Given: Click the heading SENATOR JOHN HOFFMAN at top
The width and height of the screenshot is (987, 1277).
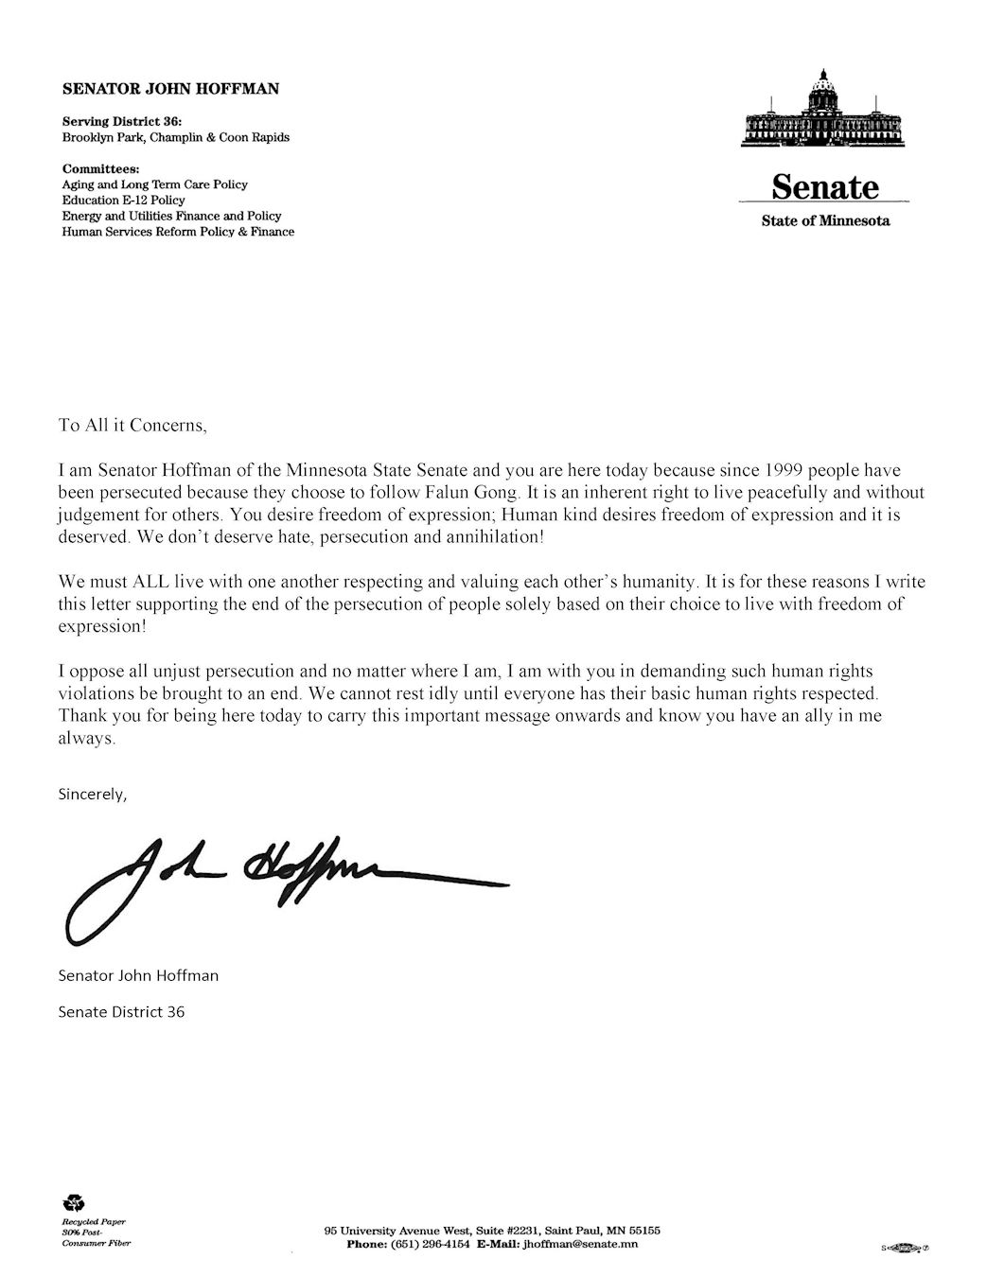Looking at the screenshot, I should tap(170, 90).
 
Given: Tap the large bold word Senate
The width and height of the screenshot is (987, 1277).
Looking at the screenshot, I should tap(825, 187).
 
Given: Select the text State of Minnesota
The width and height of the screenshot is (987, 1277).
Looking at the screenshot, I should tap(825, 221).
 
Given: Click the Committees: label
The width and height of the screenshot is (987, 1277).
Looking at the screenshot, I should tap(101, 168).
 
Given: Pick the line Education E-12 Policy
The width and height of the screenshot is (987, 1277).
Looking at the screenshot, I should tap(123, 201).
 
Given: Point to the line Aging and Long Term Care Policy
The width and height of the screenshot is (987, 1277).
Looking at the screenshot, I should tap(155, 184).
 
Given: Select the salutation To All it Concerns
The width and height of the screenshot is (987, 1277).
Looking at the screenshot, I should tap(132, 425).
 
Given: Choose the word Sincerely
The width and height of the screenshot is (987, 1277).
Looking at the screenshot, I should tap(92, 794).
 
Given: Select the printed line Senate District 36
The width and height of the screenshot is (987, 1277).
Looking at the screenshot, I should tap(121, 1011).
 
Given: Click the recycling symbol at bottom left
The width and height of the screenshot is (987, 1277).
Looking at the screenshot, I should tap(74, 1203).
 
